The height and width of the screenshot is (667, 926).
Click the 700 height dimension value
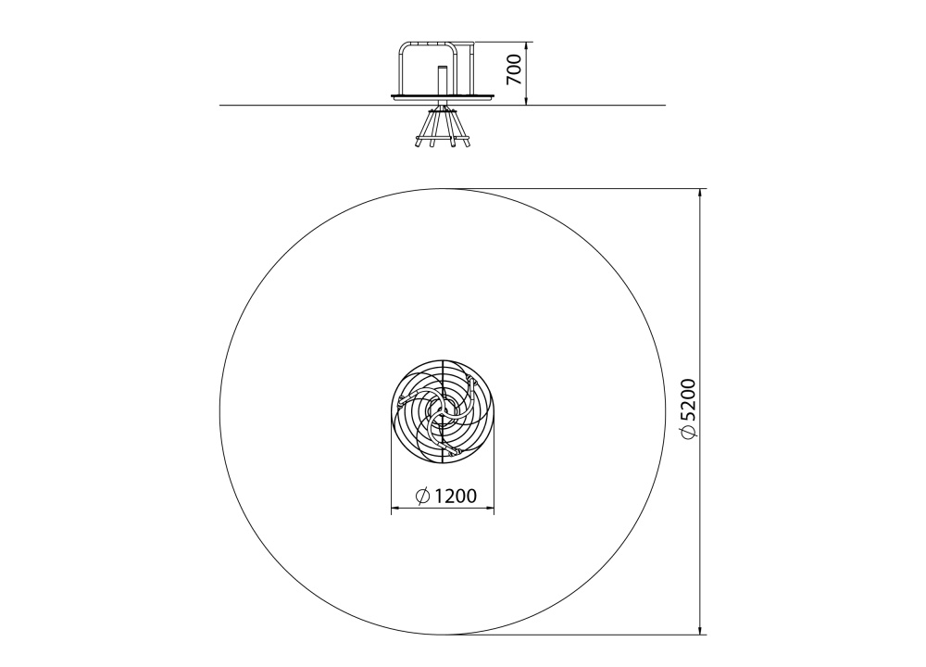pyautogui.click(x=514, y=69)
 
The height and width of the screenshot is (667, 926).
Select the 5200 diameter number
pyautogui.click(x=689, y=399)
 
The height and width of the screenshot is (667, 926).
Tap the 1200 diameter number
pyautogui.click(x=455, y=496)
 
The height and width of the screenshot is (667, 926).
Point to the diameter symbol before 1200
pyautogui.click(x=422, y=497)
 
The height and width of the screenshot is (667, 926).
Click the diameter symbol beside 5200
pyautogui.click(x=689, y=433)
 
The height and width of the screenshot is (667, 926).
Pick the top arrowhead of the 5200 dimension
pyautogui.click(x=700, y=194)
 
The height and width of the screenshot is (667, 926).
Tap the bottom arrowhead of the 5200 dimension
pyautogui.click(x=700, y=630)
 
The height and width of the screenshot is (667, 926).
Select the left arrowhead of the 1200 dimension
pyautogui.click(x=396, y=507)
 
